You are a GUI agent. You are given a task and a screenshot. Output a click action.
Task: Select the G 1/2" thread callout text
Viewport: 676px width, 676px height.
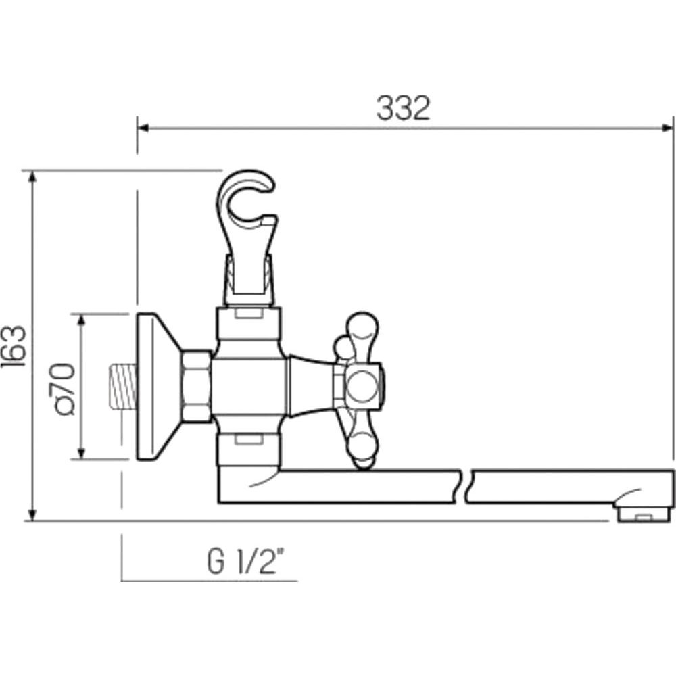pyautogui.click(x=246, y=560)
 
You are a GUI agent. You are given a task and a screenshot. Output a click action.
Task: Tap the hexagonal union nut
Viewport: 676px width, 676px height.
pyautogui.click(x=196, y=386)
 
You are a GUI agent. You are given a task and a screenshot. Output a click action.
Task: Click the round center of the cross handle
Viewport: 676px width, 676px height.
pyautogui.click(x=364, y=387)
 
